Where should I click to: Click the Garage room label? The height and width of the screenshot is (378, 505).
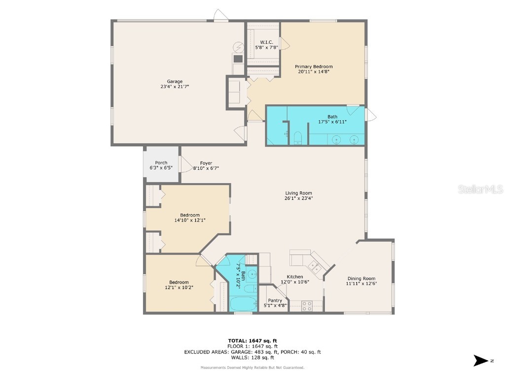175,81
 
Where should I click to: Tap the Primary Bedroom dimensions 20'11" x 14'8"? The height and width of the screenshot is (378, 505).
314,72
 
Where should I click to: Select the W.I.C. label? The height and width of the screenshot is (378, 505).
266,42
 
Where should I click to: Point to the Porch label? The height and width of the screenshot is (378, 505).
161,162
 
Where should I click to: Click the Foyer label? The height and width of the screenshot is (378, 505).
206,163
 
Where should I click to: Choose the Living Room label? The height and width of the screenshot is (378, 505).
298,193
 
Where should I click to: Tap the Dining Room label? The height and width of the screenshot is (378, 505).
361,279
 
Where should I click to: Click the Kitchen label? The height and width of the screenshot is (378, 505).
295,277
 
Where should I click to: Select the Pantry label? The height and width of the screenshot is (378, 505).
275,301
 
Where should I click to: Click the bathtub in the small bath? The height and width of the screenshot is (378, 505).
244,304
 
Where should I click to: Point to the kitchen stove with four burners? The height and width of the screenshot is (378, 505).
307,306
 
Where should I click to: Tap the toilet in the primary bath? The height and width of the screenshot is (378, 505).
298,138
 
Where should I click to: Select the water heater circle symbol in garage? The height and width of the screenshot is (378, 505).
239,47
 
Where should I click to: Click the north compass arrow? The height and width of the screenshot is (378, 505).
481,361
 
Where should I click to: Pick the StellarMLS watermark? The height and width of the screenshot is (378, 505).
480,189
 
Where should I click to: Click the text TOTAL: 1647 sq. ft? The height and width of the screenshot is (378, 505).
252,341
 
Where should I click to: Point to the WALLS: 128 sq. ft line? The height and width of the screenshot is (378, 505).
252,357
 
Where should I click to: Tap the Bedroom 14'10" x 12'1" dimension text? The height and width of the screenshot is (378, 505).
190,220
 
